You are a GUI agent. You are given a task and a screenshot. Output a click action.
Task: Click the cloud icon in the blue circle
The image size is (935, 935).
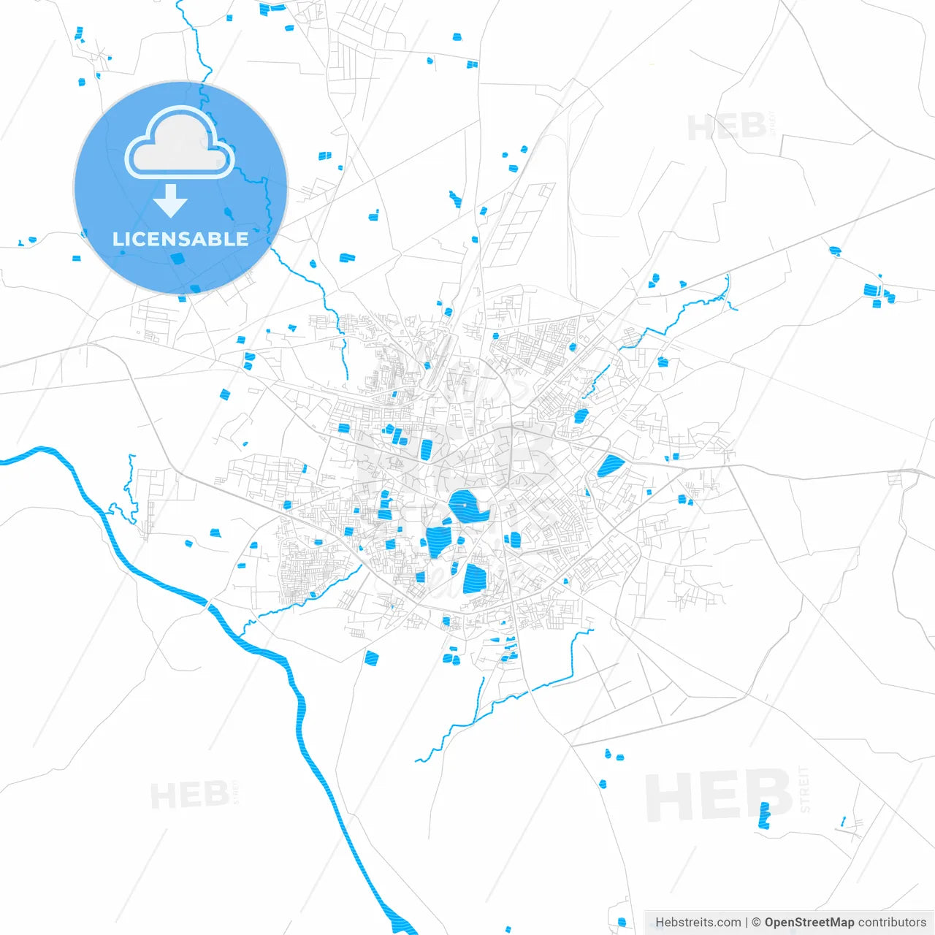[x=179, y=143]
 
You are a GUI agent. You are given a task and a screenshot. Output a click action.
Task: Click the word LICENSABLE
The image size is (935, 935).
[x=180, y=239]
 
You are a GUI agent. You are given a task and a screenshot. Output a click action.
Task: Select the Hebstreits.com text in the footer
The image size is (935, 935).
[x=698, y=922]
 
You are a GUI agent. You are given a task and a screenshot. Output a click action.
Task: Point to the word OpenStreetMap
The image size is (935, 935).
[x=809, y=922]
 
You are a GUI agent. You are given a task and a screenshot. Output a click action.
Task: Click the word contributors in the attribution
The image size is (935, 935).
[x=892, y=922]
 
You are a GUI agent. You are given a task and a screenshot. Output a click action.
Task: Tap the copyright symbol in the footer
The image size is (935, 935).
[x=756, y=922]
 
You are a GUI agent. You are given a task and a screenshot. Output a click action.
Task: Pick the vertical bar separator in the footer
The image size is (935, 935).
[x=747, y=922]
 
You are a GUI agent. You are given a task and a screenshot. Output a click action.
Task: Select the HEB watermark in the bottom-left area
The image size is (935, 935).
[x=189, y=795]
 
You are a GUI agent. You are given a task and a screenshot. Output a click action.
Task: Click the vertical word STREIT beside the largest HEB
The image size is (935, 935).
[x=804, y=789]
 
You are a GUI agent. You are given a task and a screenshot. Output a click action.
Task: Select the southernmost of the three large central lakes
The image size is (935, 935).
[x=475, y=578]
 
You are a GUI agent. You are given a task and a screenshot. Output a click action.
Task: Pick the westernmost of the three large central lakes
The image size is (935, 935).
[x=439, y=540]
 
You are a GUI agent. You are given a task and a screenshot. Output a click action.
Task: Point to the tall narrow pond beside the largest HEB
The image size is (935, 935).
[x=764, y=815]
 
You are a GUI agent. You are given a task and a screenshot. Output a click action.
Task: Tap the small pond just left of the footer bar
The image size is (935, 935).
[x=622, y=922]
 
